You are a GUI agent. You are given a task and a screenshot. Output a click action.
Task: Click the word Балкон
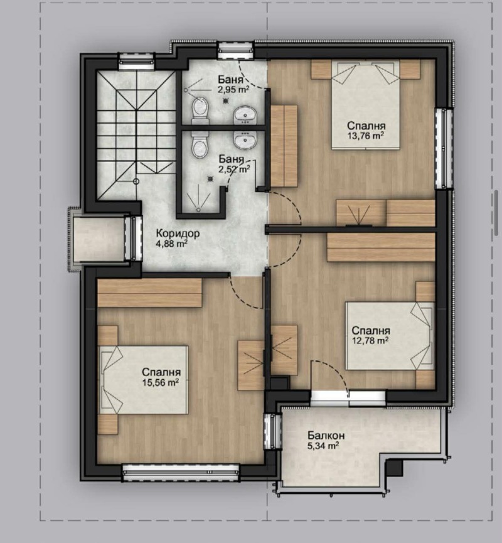pos(326,435)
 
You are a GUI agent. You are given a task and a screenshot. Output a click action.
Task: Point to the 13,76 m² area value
pos(365,134)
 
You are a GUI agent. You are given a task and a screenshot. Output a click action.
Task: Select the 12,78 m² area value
pos(370,341)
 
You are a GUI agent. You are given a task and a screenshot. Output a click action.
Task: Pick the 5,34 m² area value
pos(324,446)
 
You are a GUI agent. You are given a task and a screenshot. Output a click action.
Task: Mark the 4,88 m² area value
pos(172,244)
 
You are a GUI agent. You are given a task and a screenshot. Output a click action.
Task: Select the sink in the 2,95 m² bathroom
pos(245,114)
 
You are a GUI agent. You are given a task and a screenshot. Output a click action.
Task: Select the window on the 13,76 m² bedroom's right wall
pos(446,148)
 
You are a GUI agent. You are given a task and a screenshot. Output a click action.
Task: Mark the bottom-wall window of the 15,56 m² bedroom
pos(181,471)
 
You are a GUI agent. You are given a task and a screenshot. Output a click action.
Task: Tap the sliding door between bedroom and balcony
pos(348,396)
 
